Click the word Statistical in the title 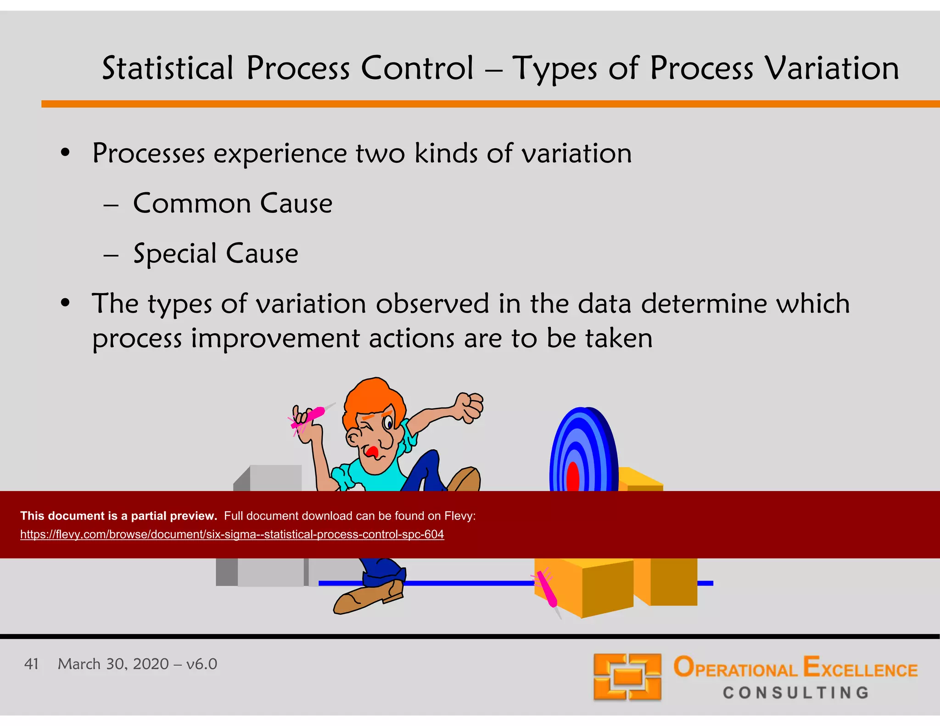[x=168, y=69]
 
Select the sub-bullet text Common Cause [x=232, y=203]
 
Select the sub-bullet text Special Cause [x=215, y=254]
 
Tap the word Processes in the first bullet [x=148, y=153]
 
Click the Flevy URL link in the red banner [x=232, y=535]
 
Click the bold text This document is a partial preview [x=118, y=516]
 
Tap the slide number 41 [x=31, y=664]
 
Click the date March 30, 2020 [x=113, y=664]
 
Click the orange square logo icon [x=627, y=677]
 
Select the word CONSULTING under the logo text [x=796, y=692]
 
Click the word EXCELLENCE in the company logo [x=860, y=668]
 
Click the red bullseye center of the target [x=573, y=477]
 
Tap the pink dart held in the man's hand [x=308, y=417]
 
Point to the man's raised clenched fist [x=470, y=407]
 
